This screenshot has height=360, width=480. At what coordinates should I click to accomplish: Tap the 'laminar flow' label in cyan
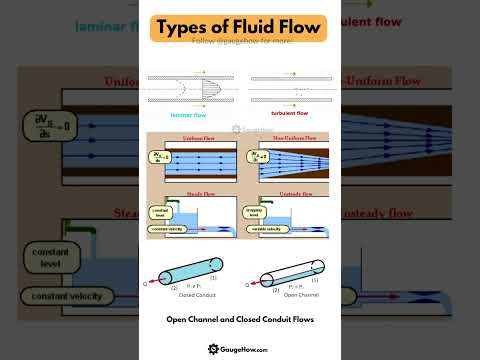click(191, 115)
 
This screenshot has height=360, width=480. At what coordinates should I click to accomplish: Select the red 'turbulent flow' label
click(291, 115)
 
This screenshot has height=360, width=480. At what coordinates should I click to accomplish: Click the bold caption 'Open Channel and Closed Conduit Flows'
click(240, 320)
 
